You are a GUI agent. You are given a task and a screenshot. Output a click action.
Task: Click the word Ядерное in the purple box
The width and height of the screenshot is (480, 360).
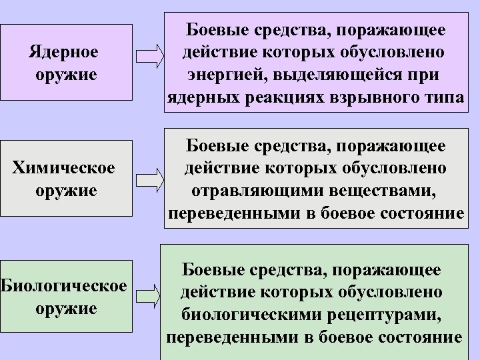click(x=65, y=51)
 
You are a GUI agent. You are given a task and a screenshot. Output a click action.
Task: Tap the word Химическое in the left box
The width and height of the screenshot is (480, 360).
click(x=64, y=167)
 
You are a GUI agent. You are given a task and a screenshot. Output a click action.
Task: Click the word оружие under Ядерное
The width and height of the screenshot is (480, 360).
click(x=65, y=75)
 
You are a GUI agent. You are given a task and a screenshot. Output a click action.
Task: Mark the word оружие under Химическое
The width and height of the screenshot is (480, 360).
click(x=64, y=191)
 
